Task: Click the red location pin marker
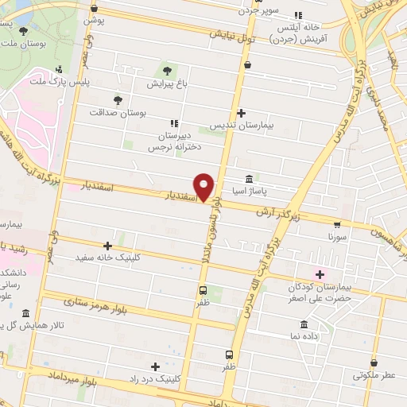205,187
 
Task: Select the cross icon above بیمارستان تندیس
241,114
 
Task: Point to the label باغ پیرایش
166,83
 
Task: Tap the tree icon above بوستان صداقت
118,99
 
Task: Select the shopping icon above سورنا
337,223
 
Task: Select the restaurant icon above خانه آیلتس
298,14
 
